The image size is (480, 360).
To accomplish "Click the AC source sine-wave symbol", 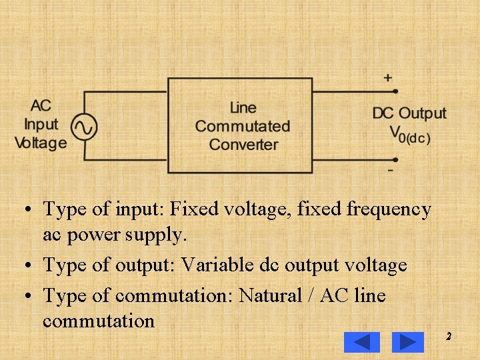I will point(84,126).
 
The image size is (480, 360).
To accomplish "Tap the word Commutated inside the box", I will point(243,126).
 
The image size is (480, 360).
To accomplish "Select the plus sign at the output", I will point(387,77).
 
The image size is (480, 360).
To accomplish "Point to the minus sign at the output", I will point(390,171).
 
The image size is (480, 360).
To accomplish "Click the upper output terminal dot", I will point(395,91).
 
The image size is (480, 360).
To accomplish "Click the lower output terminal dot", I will point(395,160).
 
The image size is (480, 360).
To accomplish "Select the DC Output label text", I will point(409,113).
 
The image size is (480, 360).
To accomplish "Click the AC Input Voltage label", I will point(41,124).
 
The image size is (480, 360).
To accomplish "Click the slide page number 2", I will point(449,336).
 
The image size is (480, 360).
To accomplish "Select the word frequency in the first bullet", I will point(389,209).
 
